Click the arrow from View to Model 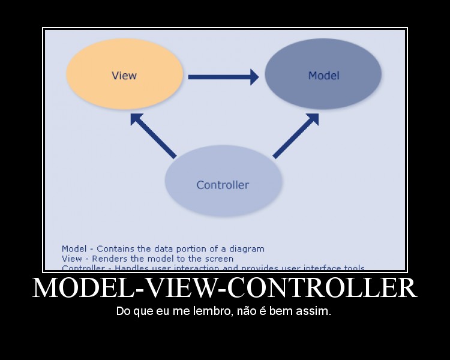tap(219, 77)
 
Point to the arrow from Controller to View tap(152, 135)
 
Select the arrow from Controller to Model tap(295, 136)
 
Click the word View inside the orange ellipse tap(124, 76)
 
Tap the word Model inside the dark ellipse tap(323, 76)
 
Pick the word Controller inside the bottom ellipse tap(223, 185)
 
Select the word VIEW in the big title tap(181, 289)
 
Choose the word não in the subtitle tap(248, 312)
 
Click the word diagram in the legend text tap(247, 248)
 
